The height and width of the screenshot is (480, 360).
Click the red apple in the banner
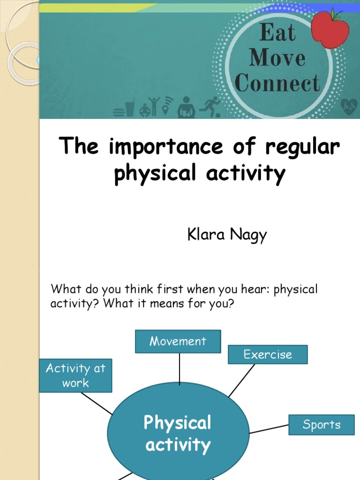(x=330, y=29)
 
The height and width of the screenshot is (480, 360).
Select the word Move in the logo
(x=277, y=59)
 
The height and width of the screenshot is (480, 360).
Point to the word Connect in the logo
(x=277, y=83)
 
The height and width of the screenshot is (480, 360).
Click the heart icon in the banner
(x=349, y=107)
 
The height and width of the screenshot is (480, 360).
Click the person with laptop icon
(x=186, y=108)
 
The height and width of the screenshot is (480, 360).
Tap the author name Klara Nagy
(x=227, y=234)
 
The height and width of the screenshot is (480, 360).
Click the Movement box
(x=178, y=341)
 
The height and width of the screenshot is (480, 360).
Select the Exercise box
(x=268, y=354)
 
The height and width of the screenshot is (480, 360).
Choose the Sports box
(x=321, y=425)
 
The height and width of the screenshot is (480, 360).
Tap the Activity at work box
(x=75, y=375)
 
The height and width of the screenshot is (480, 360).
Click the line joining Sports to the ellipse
(x=269, y=429)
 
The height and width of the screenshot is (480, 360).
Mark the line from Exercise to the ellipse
(x=241, y=381)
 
